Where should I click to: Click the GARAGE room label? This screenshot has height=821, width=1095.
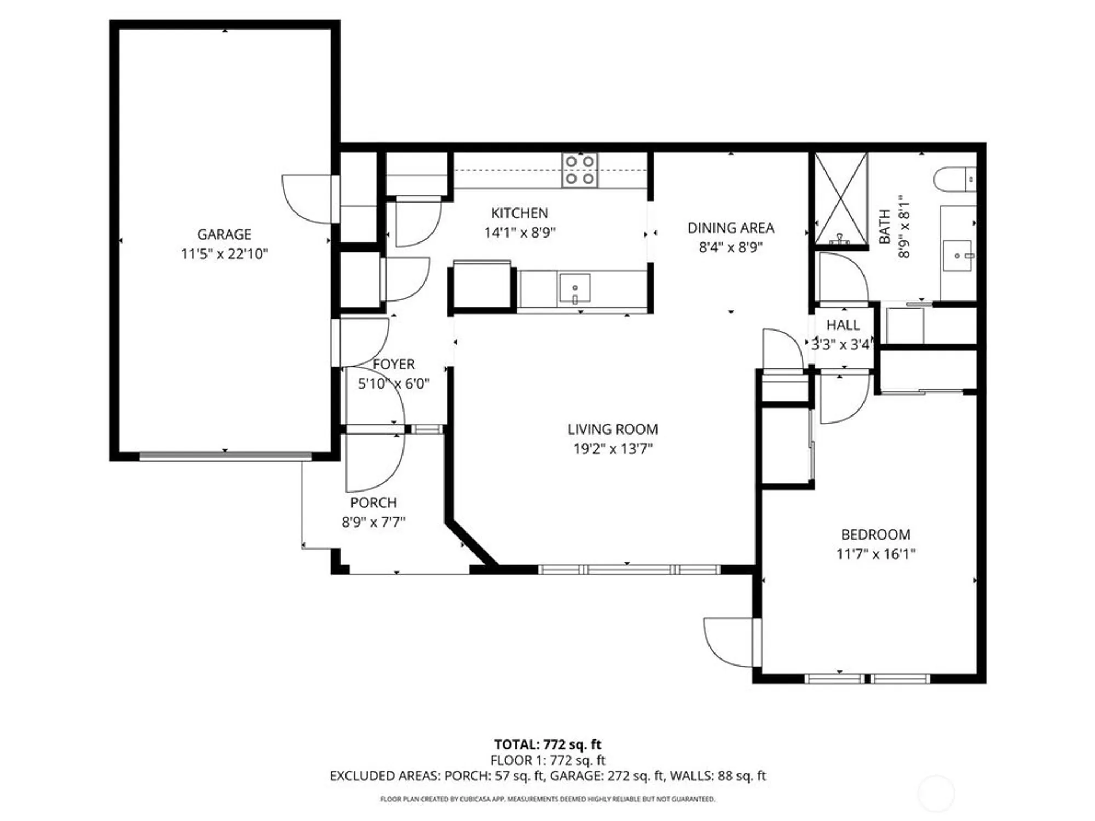pos(224,234)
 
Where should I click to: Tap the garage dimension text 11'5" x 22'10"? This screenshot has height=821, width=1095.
pos(224,254)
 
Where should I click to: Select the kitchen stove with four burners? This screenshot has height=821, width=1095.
pos(580,170)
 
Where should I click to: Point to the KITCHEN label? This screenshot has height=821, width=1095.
pos(519,213)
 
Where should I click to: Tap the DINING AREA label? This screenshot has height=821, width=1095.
pos(730,228)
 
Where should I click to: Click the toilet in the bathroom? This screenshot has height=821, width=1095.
pos(953,180)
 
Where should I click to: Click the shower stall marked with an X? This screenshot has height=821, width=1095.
pos(841,199)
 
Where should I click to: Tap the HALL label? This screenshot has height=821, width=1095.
pos(843,325)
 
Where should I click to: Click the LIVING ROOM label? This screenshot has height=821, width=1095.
pos(612,429)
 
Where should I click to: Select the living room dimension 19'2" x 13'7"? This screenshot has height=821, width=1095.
pos(612,449)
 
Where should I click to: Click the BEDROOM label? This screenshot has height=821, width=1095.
pos(875,534)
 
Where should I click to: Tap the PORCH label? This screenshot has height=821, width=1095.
pos(373,502)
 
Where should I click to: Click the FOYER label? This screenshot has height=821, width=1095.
pos(394,364)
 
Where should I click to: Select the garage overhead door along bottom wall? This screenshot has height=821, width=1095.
pos(225,455)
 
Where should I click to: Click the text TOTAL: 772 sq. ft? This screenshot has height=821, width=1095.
pos(547,744)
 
